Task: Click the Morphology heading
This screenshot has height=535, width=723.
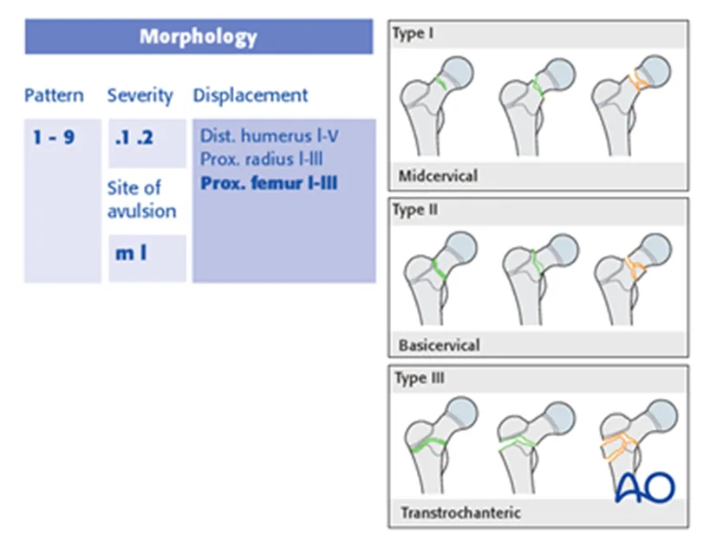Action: [199, 36]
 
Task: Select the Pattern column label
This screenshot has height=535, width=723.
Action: [54, 95]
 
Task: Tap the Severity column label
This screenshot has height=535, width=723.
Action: [140, 95]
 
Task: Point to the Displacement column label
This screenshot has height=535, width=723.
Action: [251, 95]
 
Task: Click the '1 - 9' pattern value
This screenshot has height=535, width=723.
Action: [54, 137]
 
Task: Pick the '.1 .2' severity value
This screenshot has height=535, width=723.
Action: [134, 138]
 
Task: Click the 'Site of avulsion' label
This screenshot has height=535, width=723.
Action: [141, 199]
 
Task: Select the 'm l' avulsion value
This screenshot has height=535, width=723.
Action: [131, 252]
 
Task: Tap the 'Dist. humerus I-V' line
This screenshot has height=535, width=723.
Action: [270, 135]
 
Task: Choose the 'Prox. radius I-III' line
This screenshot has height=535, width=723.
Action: [262, 160]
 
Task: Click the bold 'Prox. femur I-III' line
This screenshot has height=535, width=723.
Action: [269, 183]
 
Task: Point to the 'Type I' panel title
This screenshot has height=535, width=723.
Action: [413, 34]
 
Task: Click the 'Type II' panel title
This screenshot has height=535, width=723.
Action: [415, 210]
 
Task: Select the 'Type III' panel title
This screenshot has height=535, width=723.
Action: [419, 378]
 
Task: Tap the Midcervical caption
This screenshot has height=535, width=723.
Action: [438, 176]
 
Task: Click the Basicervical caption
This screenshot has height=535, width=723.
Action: [439, 345]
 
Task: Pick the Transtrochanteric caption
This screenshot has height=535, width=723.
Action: [460, 512]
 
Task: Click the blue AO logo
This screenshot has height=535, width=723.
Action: [646, 487]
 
